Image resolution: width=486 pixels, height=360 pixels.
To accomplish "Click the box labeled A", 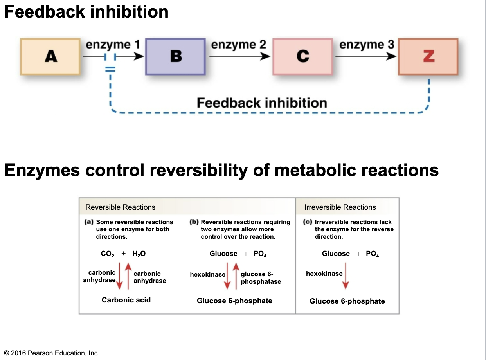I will [50, 56].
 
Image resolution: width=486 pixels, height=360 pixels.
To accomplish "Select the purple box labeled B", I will [175, 56].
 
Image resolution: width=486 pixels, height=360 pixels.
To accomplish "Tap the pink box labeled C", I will [302, 56].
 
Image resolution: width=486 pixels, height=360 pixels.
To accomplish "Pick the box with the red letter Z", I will [428, 56].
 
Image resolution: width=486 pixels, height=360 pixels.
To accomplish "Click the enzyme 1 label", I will [113, 45].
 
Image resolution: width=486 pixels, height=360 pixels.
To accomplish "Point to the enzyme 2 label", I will [238, 45].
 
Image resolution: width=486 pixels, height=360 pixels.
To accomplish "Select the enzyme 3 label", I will [366, 45].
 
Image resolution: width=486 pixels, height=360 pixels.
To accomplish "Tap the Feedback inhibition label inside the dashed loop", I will [261, 103].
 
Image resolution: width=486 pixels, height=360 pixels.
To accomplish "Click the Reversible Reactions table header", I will [120, 207].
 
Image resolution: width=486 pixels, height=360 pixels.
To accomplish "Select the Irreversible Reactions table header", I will [340, 207].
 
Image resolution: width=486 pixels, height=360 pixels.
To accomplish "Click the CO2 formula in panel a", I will [107, 254].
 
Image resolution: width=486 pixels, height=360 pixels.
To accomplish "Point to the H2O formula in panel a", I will [139, 254].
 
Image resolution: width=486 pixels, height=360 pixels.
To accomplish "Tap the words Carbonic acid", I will [126, 300].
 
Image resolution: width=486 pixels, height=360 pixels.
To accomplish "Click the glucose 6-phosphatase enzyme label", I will [261, 278].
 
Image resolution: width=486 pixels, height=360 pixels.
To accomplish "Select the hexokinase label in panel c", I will [324, 274].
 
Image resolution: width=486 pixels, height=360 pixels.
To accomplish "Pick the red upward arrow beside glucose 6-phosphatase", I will [236, 276].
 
